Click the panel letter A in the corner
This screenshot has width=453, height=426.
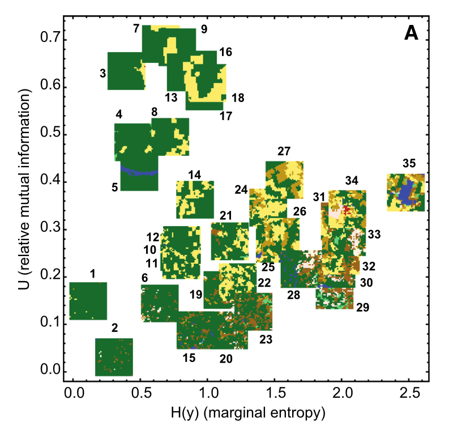pyautogui.click(x=411, y=34)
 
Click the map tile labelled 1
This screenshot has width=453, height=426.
pyautogui.click(x=88, y=301)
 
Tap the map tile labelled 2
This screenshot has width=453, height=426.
pyautogui.click(x=114, y=357)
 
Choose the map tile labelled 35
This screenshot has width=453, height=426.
pyautogui.click(x=405, y=193)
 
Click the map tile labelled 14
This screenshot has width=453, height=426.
pyautogui.click(x=195, y=199)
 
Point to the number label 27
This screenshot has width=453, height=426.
pyautogui.click(x=284, y=152)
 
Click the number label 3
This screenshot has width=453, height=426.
pyautogui.click(x=102, y=74)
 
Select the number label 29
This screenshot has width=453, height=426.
pyautogui.click(x=362, y=308)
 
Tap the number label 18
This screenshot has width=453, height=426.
pyautogui.click(x=238, y=98)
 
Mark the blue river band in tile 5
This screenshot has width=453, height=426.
pyautogui.click(x=138, y=169)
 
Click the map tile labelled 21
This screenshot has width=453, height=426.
pyautogui.click(x=230, y=241)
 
